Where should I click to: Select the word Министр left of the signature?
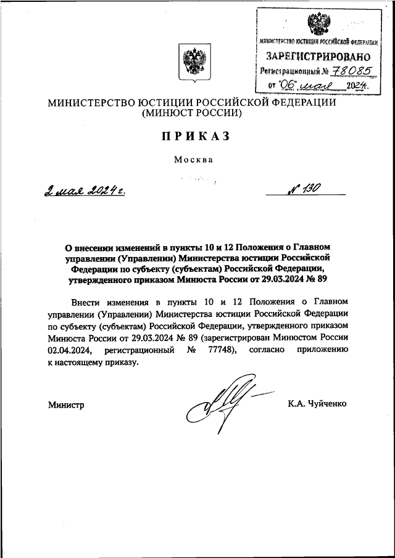[x=65, y=404]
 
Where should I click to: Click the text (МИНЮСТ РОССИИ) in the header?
[x=193, y=113]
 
